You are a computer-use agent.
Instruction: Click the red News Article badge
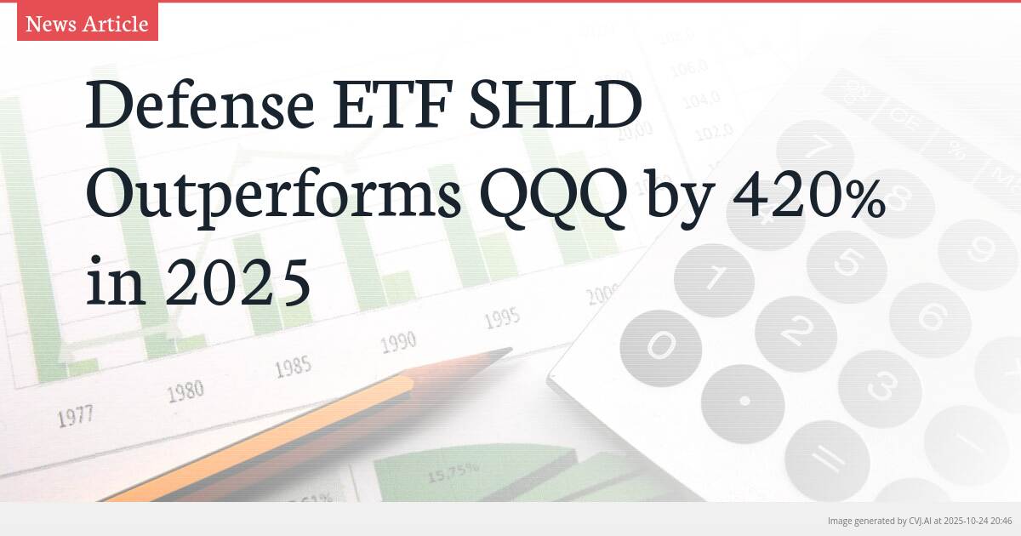tap(88, 23)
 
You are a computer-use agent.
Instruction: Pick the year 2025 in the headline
tap(237, 284)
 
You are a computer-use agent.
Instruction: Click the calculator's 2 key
tap(796, 331)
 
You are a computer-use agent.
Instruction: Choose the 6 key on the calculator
tap(930, 318)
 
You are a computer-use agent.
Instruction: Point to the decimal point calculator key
tap(744, 400)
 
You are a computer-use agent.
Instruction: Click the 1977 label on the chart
tap(75, 416)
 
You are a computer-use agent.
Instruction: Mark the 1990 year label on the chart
tap(397, 342)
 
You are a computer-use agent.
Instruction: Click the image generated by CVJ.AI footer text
tap(919, 520)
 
